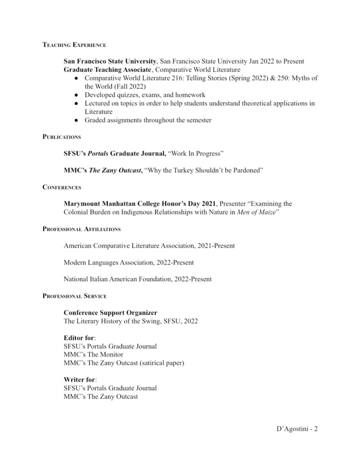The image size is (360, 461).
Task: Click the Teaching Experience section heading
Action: [74, 45]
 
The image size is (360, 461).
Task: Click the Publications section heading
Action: [62, 137]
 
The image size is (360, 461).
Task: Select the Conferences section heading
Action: [62, 187]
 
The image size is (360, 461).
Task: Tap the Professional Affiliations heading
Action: [82, 229]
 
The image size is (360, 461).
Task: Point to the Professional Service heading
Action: [75, 296]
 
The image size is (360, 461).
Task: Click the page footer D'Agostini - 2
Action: [297, 429]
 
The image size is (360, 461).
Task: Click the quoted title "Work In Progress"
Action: [196, 154]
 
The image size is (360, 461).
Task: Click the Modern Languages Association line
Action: [129, 262]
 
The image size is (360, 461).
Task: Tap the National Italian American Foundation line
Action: [137, 279]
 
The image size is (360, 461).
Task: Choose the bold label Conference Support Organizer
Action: [110, 313]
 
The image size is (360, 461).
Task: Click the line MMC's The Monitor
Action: [93, 354]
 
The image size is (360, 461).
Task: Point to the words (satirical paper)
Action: [161, 363]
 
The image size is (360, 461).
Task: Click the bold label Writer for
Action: [79, 379]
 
